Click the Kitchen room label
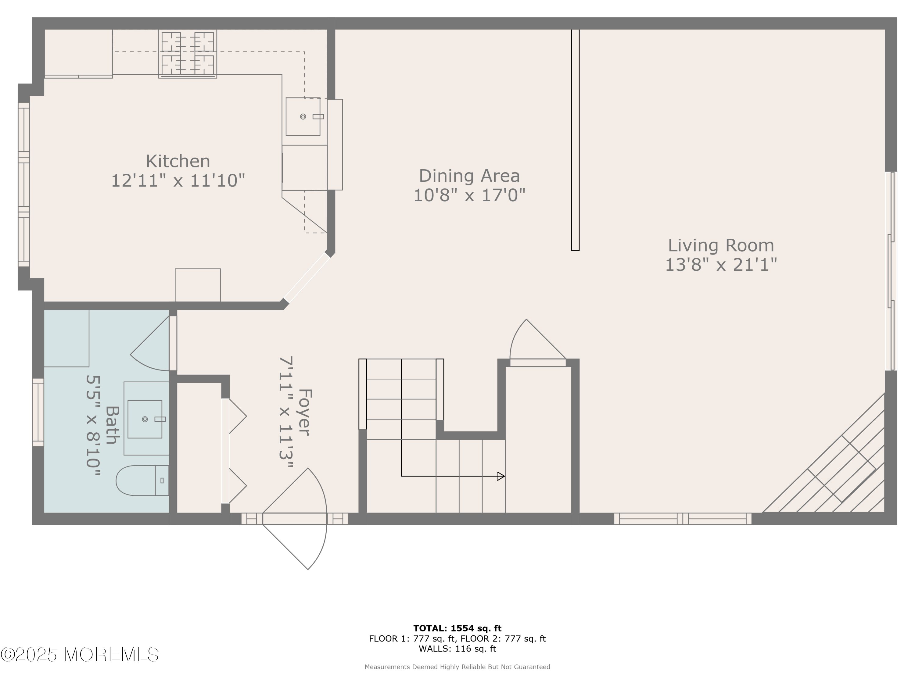pyautogui.click(x=178, y=161)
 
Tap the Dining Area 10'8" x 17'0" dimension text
pyautogui.click(x=469, y=195)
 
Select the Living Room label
pyautogui.click(x=721, y=245)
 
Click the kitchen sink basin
pyautogui.click(x=303, y=116)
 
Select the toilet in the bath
pyautogui.click(x=142, y=481)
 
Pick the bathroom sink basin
pyautogui.click(x=145, y=419)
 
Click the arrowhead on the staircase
pyautogui.click(x=501, y=476)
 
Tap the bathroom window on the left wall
pyautogui.click(x=38, y=412)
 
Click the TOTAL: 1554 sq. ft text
pyautogui.click(x=457, y=628)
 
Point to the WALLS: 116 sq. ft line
pyautogui.click(x=457, y=648)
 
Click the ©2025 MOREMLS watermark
pyautogui.click(x=79, y=655)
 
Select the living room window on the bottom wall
pyautogui.click(x=683, y=519)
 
